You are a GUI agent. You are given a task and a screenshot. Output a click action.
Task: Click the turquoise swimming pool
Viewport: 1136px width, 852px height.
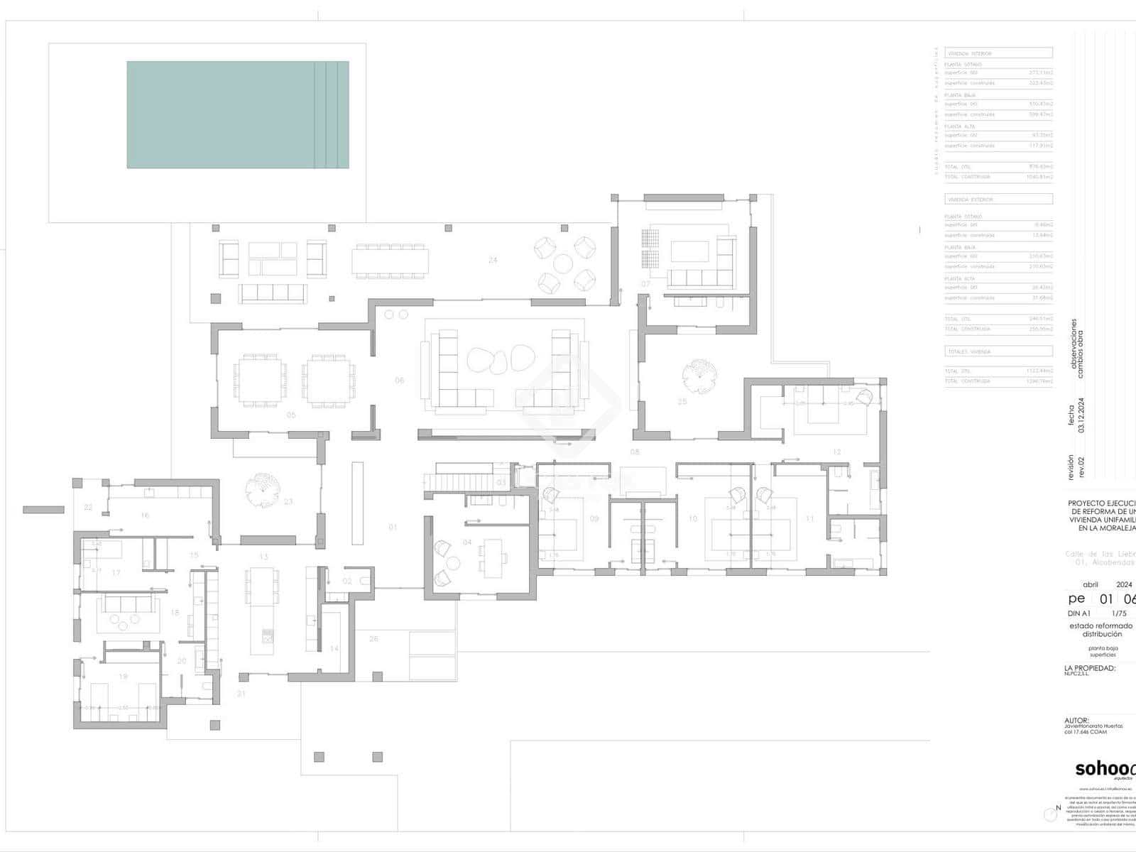(x=238, y=114)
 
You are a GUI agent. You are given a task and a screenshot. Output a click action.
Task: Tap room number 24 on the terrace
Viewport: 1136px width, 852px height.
(x=493, y=260)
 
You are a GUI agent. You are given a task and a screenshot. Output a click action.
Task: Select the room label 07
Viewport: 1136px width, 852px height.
(x=645, y=284)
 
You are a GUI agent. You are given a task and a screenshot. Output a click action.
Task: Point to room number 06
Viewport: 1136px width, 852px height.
(x=400, y=381)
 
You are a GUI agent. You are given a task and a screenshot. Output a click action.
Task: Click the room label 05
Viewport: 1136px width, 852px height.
(x=291, y=415)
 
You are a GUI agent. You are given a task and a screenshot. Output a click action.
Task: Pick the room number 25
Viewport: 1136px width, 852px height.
(x=682, y=402)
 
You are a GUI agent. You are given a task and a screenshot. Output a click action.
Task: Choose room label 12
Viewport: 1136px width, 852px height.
(x=837, y=452)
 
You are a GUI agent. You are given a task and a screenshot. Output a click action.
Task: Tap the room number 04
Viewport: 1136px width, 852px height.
(x=467, y=542)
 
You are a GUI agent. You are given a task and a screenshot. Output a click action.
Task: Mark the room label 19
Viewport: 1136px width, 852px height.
(x=123, y=677)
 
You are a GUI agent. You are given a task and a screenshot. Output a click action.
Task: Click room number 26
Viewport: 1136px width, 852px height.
(x=374, y=639)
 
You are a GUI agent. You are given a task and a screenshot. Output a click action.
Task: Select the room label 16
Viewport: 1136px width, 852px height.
(x=145, y=515)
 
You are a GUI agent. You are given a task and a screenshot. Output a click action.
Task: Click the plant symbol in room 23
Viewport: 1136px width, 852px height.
(x=260, y=488)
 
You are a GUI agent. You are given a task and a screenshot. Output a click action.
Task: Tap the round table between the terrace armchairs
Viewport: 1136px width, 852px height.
(x=563, y=264)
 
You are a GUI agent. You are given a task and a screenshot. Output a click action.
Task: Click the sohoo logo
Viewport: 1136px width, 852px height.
(x=1105, y=769)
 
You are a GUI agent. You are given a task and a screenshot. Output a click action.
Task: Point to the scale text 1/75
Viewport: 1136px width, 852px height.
(x=1119, y=613)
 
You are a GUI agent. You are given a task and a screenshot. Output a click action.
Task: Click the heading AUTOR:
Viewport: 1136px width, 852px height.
(x=1076, y=720)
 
